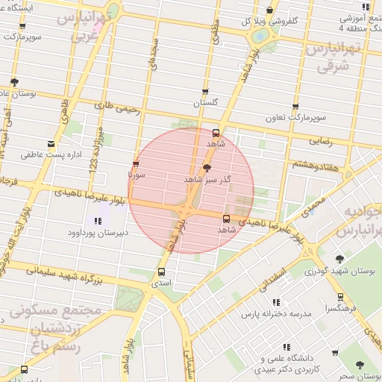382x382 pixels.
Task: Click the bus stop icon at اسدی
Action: click(162, 272)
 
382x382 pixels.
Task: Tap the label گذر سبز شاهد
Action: click(207, 181)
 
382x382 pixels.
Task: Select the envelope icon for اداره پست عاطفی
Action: click(51, 144)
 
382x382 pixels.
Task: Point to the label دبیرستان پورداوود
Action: click(98, 233)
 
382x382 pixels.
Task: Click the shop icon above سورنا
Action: click(135, 163)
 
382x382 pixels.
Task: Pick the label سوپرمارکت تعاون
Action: click(296, 119)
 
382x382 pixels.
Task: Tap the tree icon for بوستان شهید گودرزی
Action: click(340, 258)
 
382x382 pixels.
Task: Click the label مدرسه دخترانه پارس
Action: click(274, 315)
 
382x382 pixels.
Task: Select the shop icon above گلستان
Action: click(205, 90)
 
